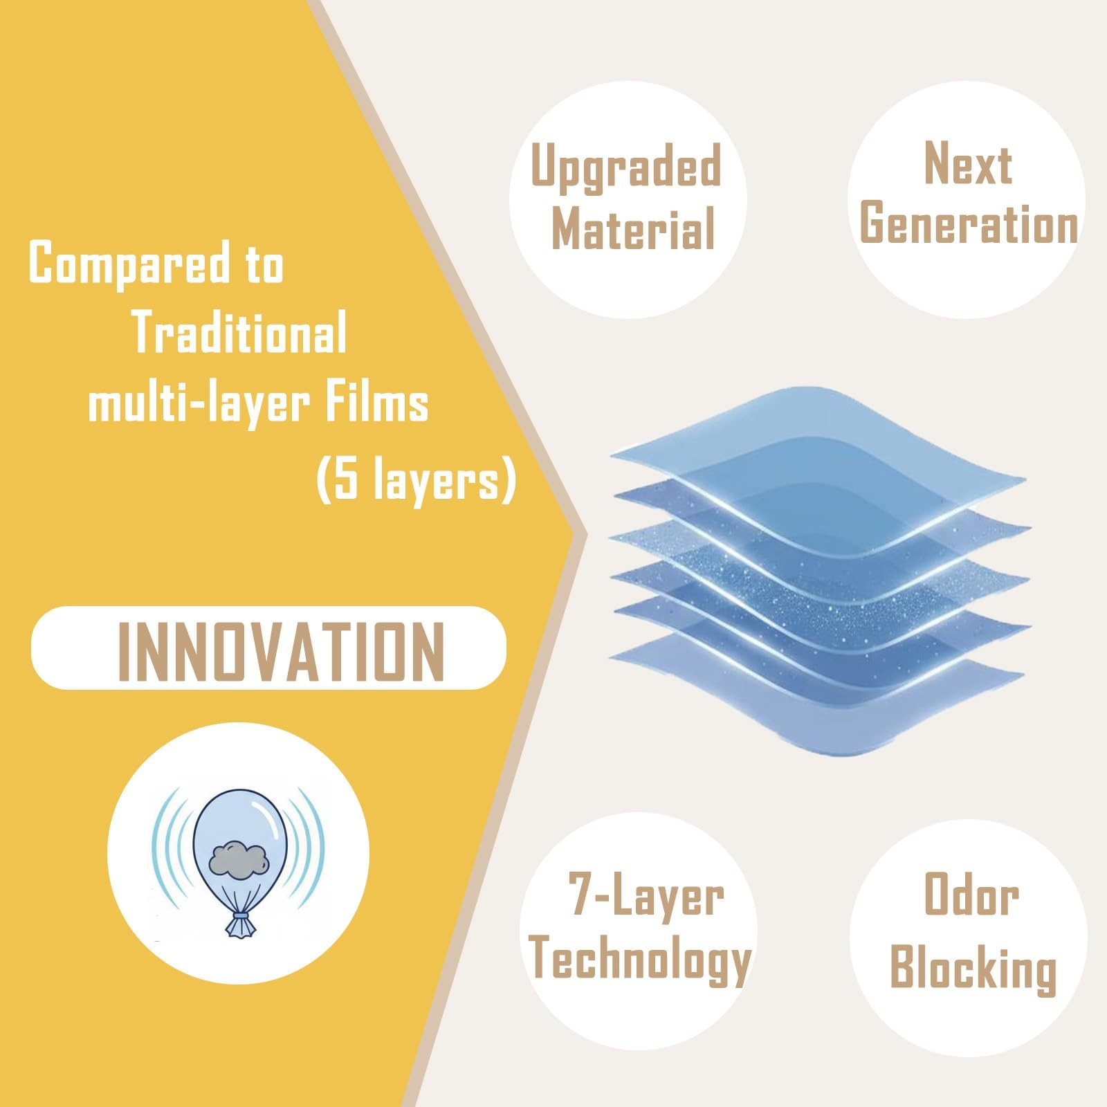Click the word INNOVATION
click(x=281, y=650)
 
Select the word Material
click(x=633, y=229)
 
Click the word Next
click(x=968, y=164)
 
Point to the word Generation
click(x=969, y=223)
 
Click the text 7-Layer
click(x=646, y=897)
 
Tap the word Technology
click(x=640, y=959)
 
